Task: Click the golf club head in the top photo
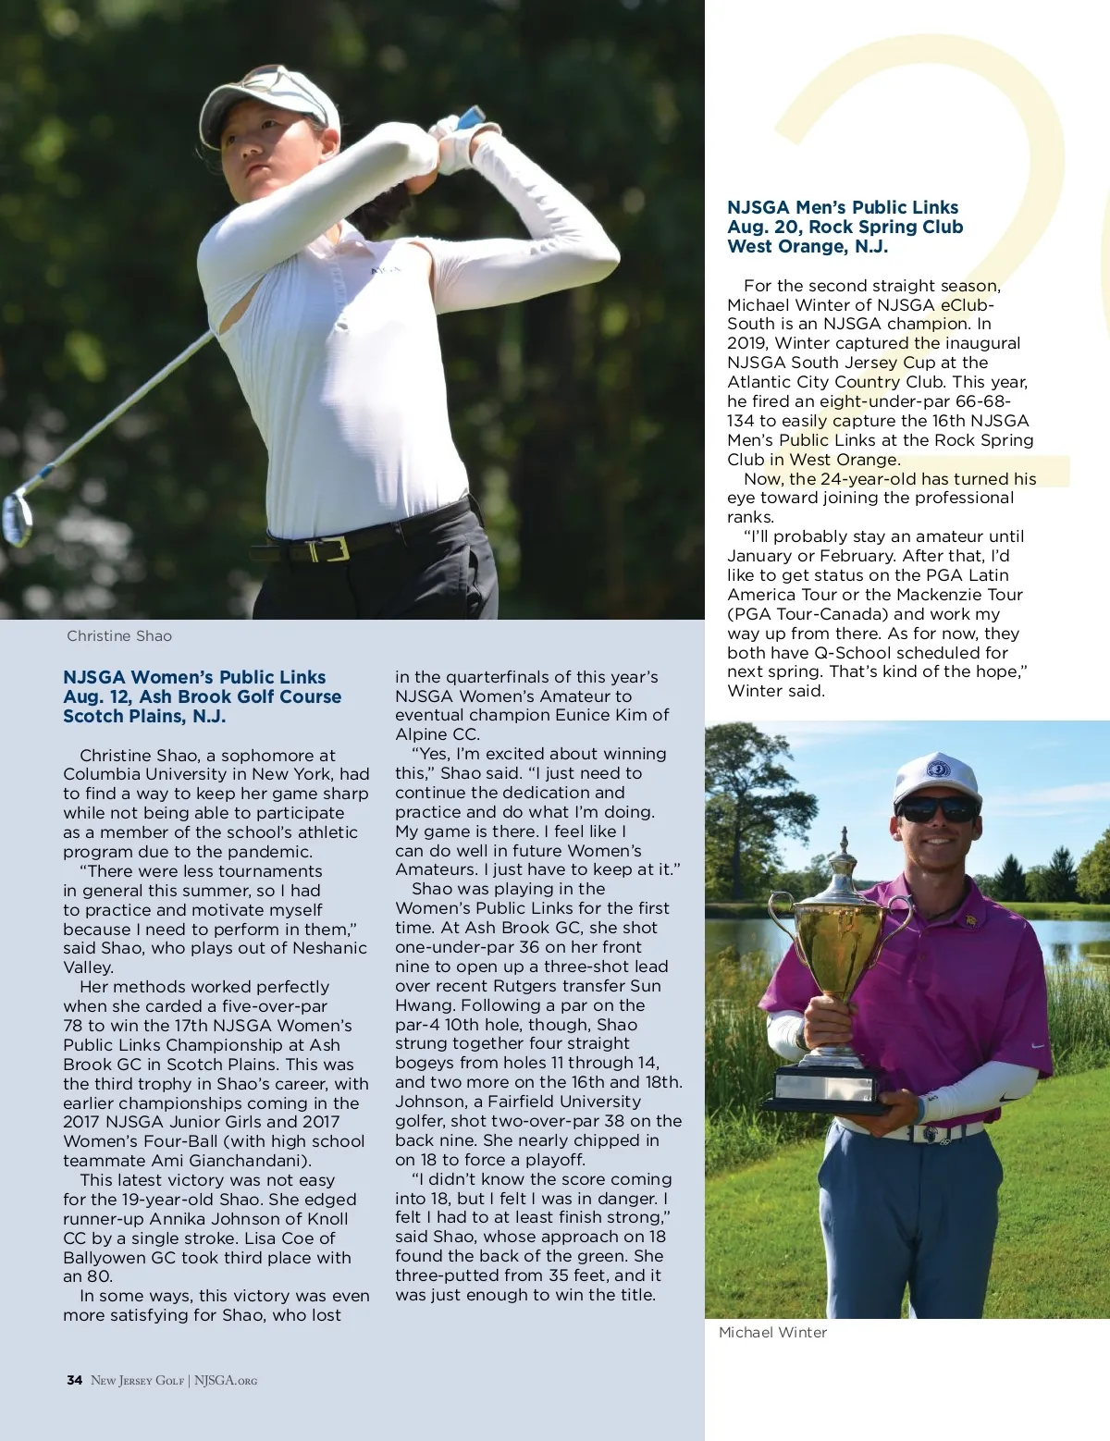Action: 17,518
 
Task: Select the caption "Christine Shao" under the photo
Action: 119,636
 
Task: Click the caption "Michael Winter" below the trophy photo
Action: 772,1333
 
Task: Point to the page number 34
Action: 74,1381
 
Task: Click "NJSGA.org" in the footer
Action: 226,1381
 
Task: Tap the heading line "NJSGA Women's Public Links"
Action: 194,678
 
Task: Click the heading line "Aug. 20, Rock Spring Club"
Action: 845,228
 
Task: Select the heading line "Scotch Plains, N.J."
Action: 144,717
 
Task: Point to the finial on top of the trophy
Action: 844,841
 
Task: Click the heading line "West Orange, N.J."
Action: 808,247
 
